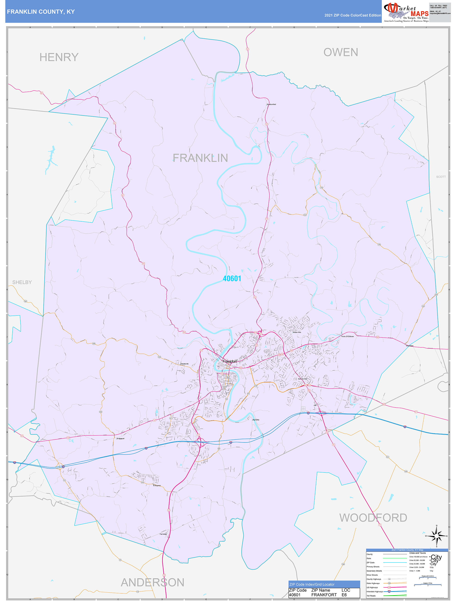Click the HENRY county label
coord(59,57)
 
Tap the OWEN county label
coord(340,52)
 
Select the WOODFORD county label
coord(373,518)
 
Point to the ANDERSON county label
coord(152,583)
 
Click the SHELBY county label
coord(22,282)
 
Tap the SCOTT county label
coord(441,177)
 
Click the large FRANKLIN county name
coord(200,158)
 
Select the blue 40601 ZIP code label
coord(232,279)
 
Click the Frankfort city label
coord(229,361)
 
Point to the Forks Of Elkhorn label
coord(348,336)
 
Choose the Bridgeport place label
coord(120,438)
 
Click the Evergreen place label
coord(157,485)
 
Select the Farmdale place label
coord(163,534)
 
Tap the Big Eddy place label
coord(256,420)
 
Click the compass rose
coord(436,536)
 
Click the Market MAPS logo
coord(406,12)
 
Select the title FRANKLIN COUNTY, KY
coord(41,12)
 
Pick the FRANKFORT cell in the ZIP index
coord(324,595)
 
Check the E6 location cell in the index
coord(344,595)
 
